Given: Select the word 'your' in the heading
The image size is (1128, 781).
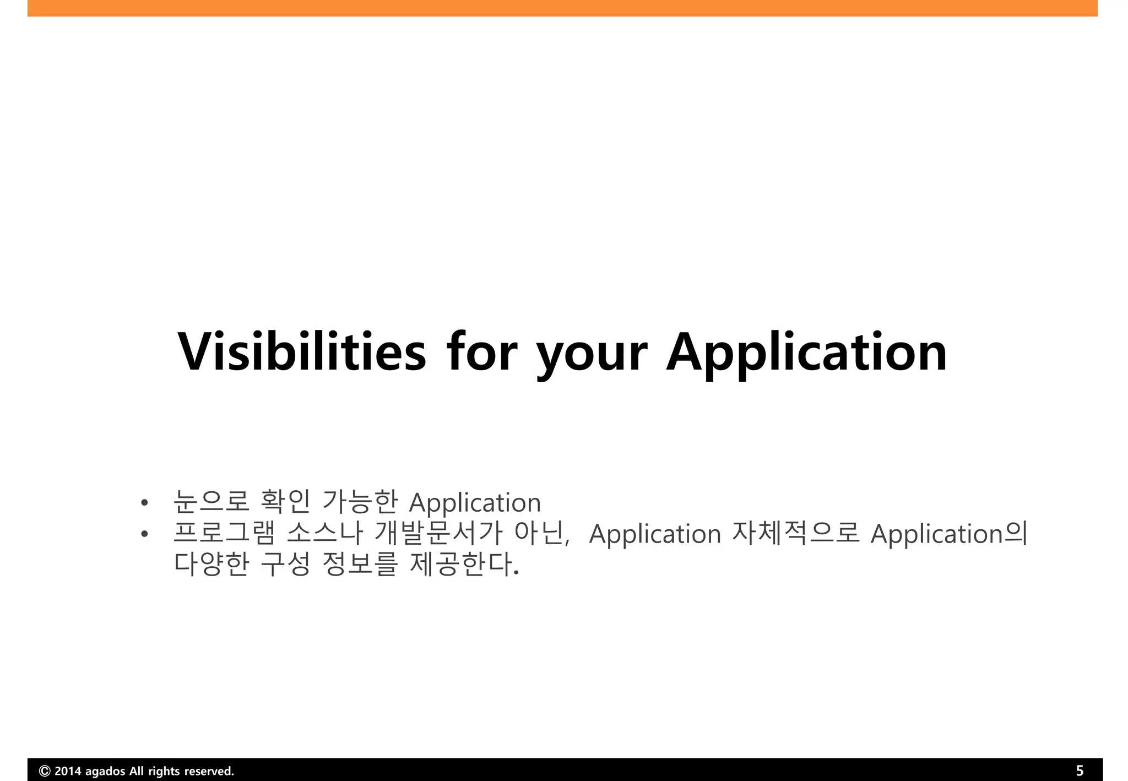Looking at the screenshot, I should pos(592,355).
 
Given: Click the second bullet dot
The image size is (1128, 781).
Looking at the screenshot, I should pos(144,534).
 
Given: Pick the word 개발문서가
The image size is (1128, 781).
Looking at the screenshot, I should pos(438,533).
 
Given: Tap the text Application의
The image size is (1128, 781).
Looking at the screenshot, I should pos(948,534).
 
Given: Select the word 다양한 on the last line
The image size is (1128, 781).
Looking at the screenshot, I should pos(211,563).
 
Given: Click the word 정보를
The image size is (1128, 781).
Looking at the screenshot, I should pos(359,563).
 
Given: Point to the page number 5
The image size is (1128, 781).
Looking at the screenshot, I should pos(1080,771).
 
